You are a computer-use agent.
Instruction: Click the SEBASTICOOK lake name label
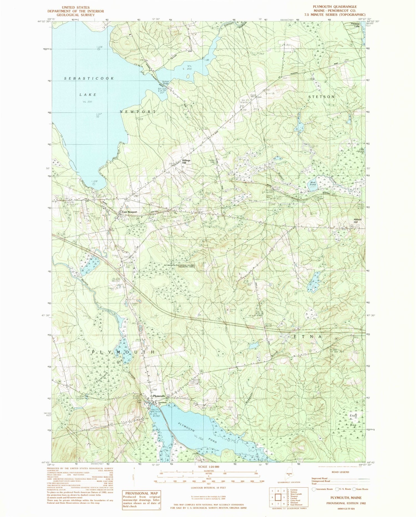[x=89, y=79]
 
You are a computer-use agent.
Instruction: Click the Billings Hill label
[x=186, y=162]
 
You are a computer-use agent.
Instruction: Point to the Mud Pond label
[x=313, y=183]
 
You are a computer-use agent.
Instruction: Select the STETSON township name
[x=321, y=97]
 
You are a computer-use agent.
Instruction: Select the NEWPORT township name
[x=138, y=111]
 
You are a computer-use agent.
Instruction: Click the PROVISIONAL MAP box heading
[x=141, y=493]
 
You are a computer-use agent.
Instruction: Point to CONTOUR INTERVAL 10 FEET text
[x=208, y=487]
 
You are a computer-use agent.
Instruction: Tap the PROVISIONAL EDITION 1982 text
[x=344, y=503]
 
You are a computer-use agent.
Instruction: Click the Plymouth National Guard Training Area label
[x=179, y=265]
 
